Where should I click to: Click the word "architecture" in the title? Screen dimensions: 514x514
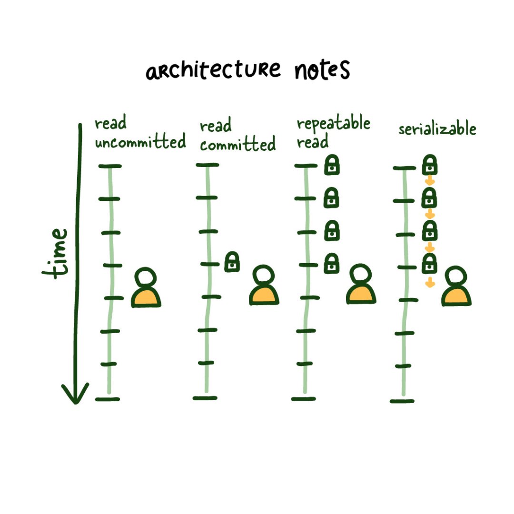coord(213,72)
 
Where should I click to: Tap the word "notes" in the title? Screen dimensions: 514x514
coord(322,70)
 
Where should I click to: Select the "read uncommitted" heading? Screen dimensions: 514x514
coord(140,133)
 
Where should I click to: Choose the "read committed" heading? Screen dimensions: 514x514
coord(237,135)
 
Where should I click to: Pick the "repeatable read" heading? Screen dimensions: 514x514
coord(333,132)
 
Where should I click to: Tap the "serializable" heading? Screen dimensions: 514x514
coord(437,129)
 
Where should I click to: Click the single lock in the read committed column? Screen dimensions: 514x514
coord(232,262)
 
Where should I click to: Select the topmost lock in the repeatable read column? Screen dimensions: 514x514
coord(332,165)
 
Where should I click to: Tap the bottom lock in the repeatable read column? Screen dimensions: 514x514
coord(332,264)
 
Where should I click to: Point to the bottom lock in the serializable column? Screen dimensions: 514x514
coord(430,264)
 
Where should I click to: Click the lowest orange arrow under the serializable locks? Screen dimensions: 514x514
coord(430,283)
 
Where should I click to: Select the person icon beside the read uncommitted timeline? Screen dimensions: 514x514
coord(146,288)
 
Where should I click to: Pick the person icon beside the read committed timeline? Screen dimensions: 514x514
coord(264,286)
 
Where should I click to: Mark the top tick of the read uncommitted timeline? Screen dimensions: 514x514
coord(110,166)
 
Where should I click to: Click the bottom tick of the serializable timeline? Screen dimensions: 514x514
coord(402,401)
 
